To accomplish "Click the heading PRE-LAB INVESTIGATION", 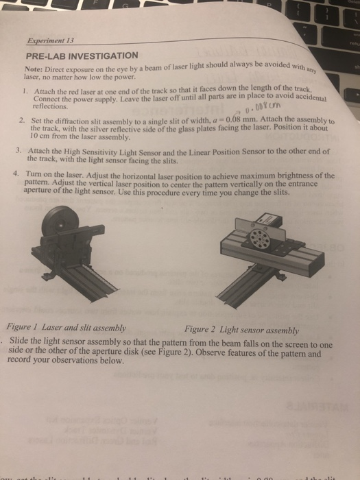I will [82, 54].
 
